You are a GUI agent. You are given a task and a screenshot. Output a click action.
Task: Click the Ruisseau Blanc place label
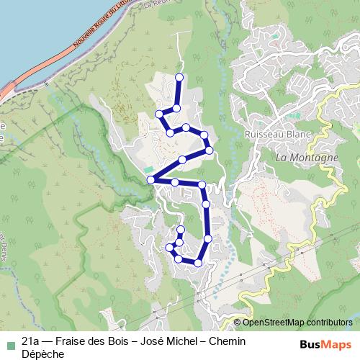[x=276, y=134]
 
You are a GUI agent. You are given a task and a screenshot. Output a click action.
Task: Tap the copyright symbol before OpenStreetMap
[x=237, y=323]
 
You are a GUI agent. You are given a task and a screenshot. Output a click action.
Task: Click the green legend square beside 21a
[x=9, y=342]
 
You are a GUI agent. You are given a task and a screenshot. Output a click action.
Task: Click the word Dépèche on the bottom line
[x=44, y=354]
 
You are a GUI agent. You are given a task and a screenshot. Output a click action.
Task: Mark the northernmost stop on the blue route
[x=179, y=77]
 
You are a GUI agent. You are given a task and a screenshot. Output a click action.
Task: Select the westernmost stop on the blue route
[x=150, y=179]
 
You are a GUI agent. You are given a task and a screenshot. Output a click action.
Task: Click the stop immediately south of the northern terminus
[x=176, y=108]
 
